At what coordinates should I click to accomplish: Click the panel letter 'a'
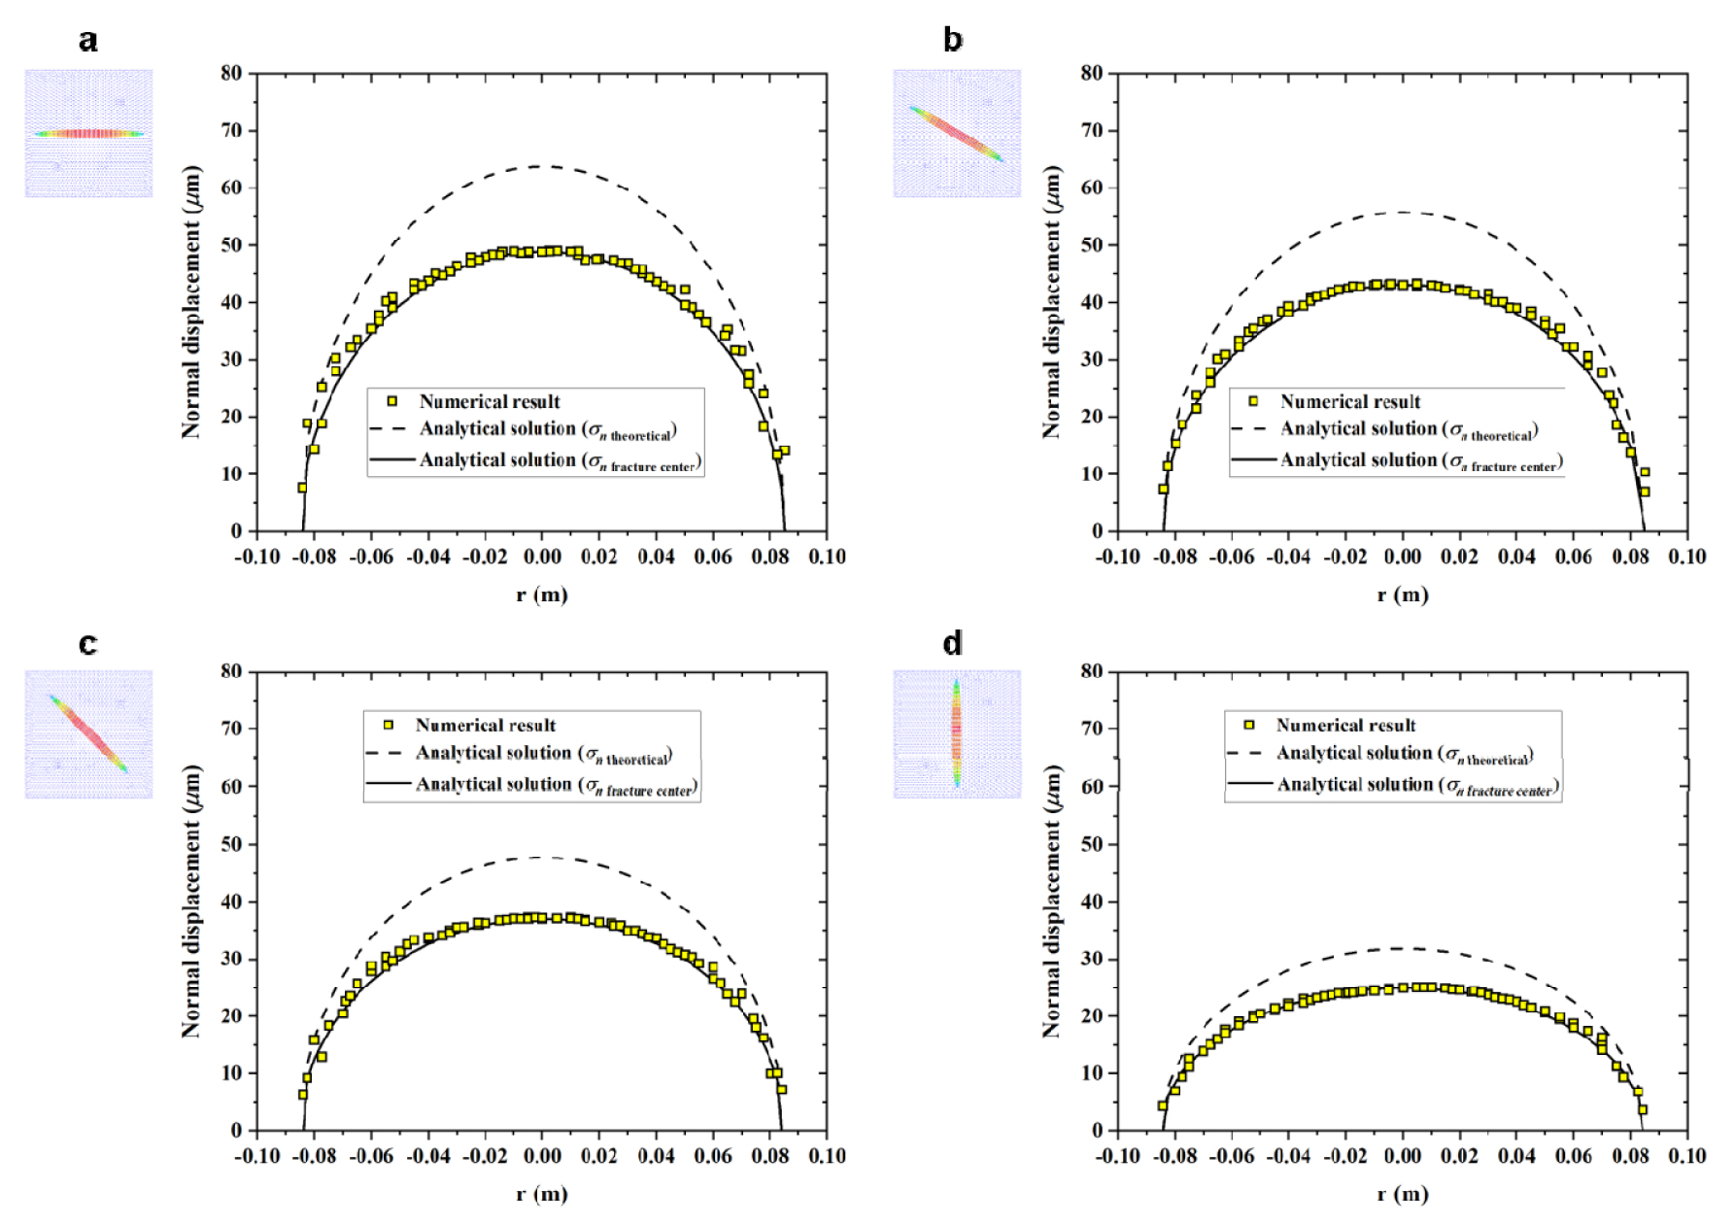click(x=88, y=41)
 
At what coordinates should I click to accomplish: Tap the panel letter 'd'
click(x=953, y=643)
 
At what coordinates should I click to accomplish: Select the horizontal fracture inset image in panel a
click(x=88, y=133)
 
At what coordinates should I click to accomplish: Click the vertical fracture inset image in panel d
click(x=957, y=733)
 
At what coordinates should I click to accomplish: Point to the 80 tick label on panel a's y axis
click(x=231, y=74)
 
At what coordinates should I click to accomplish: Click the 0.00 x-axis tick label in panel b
click(x=1402, y=557)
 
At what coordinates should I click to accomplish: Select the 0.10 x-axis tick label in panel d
click(x=1686, y=1156)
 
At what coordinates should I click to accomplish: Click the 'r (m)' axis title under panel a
click(x=542, y=595)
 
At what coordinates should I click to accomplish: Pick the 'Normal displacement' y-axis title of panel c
click(x=191, y=901)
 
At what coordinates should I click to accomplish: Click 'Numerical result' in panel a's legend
click(x=490, y=401)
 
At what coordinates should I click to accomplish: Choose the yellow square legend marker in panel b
click(x=1253, y=401)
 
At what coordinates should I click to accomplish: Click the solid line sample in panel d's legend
click(x=1249, y=784)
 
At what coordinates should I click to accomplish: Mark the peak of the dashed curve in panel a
click(x=542, y=166)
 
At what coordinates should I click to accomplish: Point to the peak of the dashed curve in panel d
click(x=1402, y=948)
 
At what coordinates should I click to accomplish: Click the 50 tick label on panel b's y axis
click(x=1093, y=246)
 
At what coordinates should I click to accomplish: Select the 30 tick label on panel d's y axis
click(x=1093, y=959)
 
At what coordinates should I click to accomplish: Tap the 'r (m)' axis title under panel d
click(x=1402, y=1194)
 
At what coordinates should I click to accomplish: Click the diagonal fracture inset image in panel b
click(x=957, y=133)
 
